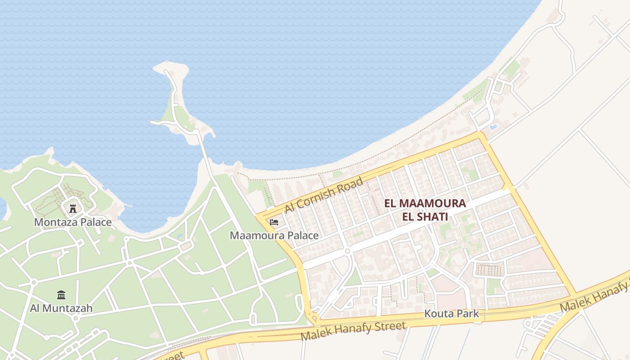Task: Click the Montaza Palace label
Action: click(73, 222)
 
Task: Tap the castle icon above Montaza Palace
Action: click(73, 208)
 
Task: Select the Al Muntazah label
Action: click(61, 308)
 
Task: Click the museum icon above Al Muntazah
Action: click(61, 295)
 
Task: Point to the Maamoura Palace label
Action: click(274, 235)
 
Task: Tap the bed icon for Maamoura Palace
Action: click(274, 222)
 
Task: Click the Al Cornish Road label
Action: click(324, 195)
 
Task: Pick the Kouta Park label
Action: click(452, 314)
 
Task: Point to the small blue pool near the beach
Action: click(493, 127)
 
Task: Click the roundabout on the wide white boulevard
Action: click(347, 252)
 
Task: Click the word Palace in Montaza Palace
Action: click(94, 222)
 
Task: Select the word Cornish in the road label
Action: click(323, 195)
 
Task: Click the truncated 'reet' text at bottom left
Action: click(173, 356)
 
